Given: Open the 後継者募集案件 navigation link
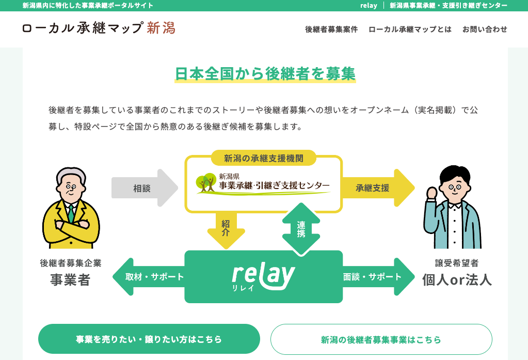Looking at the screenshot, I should [x=331, y=29].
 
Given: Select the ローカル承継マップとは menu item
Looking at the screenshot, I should [x=410, y=29].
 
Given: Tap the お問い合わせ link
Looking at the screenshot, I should [x=485, y=29].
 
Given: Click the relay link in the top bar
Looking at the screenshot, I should [x=369, y=6].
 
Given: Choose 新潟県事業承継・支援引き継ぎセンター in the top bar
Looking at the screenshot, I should [x=448, y=6].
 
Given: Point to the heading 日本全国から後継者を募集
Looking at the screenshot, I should [x=265, y=74].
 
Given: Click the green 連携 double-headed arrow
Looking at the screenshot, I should [x=301, y=229].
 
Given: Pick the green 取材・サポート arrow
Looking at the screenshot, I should [x=150, y=277].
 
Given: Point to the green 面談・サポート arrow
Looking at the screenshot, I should [x=377, y=277].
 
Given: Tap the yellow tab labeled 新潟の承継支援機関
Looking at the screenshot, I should [x=263, y=158].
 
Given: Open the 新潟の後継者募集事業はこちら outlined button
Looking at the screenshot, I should [x=381, y=339].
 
